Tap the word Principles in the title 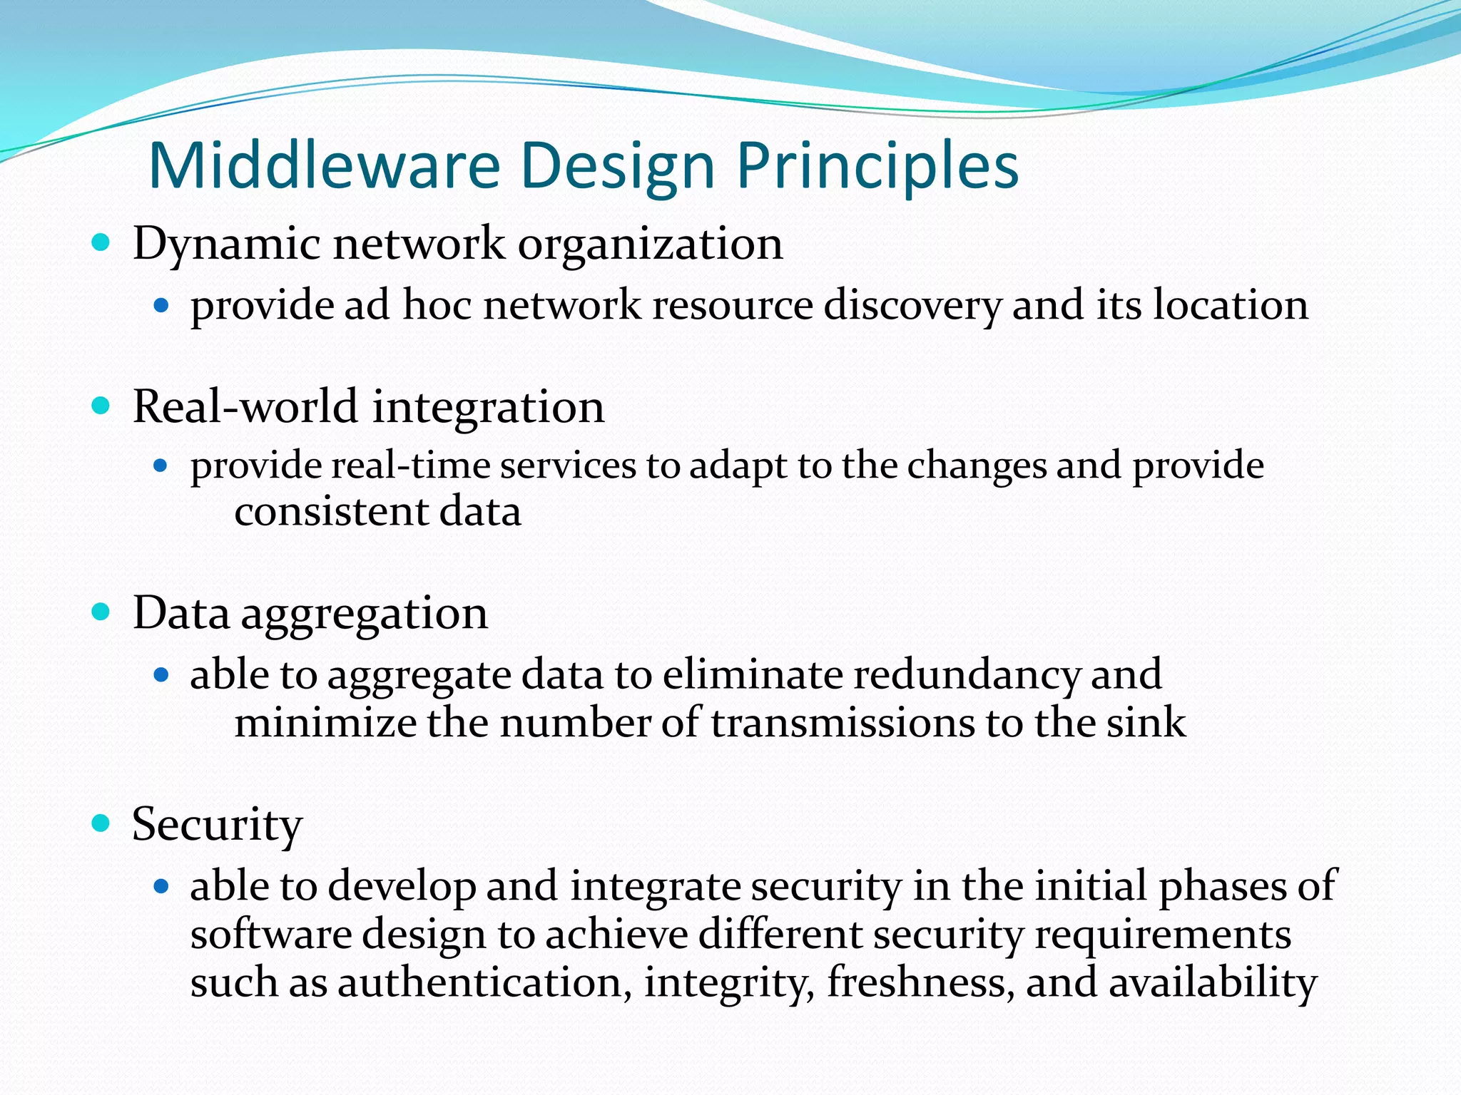877,168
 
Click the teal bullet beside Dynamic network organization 101,243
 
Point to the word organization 650,245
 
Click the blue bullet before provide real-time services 161,466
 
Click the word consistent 331,512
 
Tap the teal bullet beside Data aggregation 101,612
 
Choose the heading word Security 217,825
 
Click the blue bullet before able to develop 161,886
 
